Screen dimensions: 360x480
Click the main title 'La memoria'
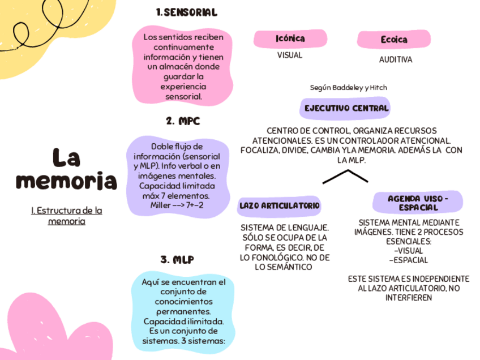66,169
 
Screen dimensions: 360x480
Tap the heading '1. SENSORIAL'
186,12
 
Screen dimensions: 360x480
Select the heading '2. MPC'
183,121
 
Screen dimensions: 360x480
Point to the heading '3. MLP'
177,260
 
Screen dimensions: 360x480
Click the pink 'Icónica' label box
290,38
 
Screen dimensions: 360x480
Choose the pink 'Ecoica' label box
394,40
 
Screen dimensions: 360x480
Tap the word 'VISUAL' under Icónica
290,55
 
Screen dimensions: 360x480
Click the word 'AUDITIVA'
396,59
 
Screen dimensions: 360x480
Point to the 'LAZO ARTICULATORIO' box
280,205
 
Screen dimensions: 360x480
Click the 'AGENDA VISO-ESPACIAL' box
418,203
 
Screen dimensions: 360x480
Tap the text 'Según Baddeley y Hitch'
349,88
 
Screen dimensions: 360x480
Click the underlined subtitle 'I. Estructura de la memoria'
67,216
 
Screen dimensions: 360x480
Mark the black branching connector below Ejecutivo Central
345,177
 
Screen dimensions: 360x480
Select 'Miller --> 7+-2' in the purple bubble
176,205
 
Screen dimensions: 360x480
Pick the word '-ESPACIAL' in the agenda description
408,260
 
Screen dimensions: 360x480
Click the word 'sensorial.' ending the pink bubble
183,97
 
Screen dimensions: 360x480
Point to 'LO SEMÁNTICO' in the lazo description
284,267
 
